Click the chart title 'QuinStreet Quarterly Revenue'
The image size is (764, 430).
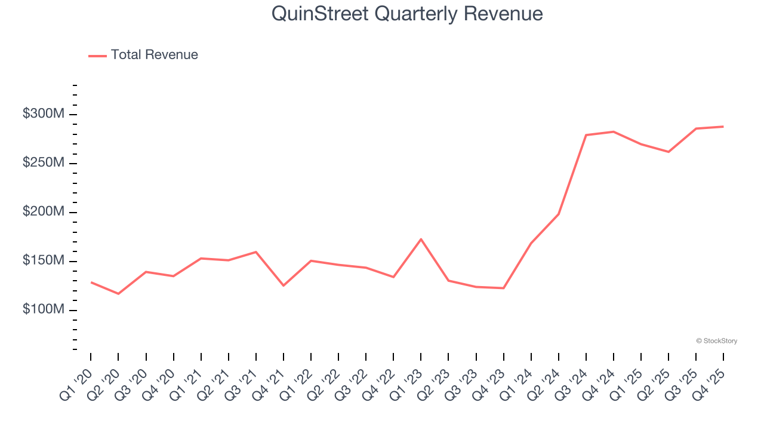[x=407, y=14]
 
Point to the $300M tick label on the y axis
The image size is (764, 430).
[x=42, y=114]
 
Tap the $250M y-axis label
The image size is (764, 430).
[x=42, y=163]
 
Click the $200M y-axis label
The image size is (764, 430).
[x=42, y=212]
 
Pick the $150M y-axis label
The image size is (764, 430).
[x=42, y=261]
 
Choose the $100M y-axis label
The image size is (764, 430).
[x=42, y=310]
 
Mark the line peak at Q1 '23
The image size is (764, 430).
[x=421, y=239]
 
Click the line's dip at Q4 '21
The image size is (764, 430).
[x=284, y=285]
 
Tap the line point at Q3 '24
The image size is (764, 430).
[x=586, y=135]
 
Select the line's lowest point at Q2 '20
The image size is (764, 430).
[x=118, y=294]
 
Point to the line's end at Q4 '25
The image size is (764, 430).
[x=723, y=127]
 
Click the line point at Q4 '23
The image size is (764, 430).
[x=504, y=288]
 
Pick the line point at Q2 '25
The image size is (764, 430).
[x=668, y=152]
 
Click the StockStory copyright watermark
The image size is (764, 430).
[x=716, y=341]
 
